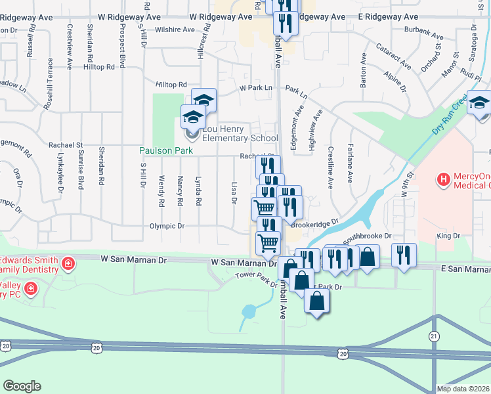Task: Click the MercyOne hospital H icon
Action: (x=444, y=178)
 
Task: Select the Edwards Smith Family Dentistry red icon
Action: (x=68, y=264)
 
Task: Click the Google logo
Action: (x=22, y=386)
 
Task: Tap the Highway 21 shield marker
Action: (x=434, y=336)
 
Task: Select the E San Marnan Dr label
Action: (x=465, y=269)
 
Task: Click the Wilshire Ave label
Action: (x=175, y=30)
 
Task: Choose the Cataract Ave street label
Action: (x=393, y=57)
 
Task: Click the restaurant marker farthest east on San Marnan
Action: (x=404, y=253)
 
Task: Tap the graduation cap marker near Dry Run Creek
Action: (x=480, y=103)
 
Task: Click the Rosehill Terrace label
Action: (x=48, y=83)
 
